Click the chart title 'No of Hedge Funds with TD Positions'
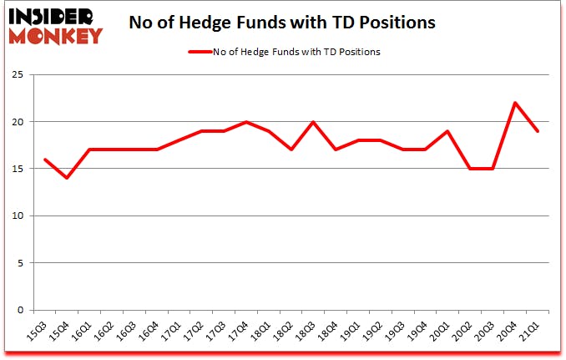pyautogui.click(x=282, y=23)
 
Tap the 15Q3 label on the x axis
pyautogui.click(x=36, y=332)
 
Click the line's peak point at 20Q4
pyautogui.click(x=516, y=103)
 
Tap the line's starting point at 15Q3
pyautogui.click(x=45, y=160)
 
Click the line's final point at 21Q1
pyautogui.click(x=538, y=131)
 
